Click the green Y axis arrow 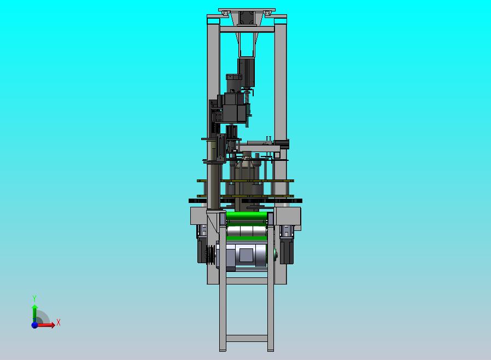coord(35,313)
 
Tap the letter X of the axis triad coord(59,322)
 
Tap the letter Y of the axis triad coord(34,298)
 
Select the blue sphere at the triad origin coord(34,325)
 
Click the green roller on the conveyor coord(247,217)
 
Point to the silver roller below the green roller coord(247,231)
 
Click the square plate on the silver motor coord(246,254)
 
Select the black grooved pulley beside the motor coord(211,254)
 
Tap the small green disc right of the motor coord(275,253)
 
